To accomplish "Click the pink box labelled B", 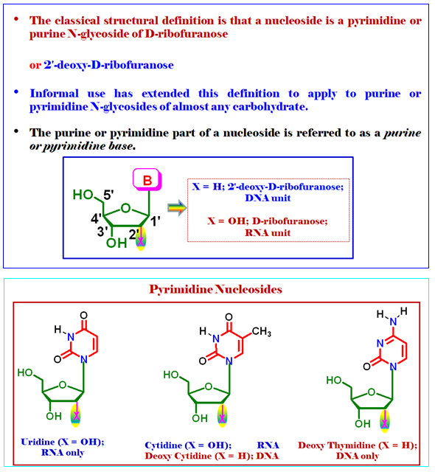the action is click(x=147, y=179).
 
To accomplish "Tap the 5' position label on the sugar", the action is click(x=108, y=195).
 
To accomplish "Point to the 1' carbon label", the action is click(x=156, y=221).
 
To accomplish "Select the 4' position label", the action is click(x=96, y=218).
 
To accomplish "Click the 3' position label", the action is click(x=102, y=232).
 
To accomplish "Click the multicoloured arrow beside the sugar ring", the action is click(x=177, y=207).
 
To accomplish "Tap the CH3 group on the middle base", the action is click(x=262, y=332).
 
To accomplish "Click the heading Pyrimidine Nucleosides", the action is click(x=216, y=289).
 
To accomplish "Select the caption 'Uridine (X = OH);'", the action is click(x=63, y=442).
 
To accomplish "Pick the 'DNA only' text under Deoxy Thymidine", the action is click(x=358, y=456).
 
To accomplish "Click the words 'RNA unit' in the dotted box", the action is click(x=268, y=233).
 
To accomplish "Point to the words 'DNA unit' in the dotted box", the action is click(x=268, y=198).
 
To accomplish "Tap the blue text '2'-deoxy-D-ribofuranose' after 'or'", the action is click(x=108, y=65).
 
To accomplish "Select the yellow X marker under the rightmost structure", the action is click(x=384, y=421).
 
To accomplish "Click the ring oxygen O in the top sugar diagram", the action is click(x=126, y=208).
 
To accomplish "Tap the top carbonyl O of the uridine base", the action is click(x=83, y=315).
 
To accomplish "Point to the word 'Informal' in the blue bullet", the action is click(x=54, y=94).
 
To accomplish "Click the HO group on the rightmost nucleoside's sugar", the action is click(x=334, y=381).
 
